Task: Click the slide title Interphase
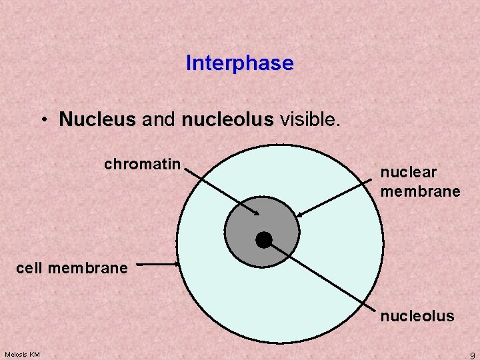coord(239,63)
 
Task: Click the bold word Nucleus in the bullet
coord(97,119)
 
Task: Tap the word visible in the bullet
coord(309,119)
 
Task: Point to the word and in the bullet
coord(158,119)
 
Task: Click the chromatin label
coord(142,164)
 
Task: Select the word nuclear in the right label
coord(408,172)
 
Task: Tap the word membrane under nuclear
coord(420,191)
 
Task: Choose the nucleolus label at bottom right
coord(417,316)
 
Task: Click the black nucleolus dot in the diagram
coord(264,239)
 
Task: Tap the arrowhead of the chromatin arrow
coord(257,213)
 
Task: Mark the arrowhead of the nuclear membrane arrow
coord(299,215)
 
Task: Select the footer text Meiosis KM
coord(21,353)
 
